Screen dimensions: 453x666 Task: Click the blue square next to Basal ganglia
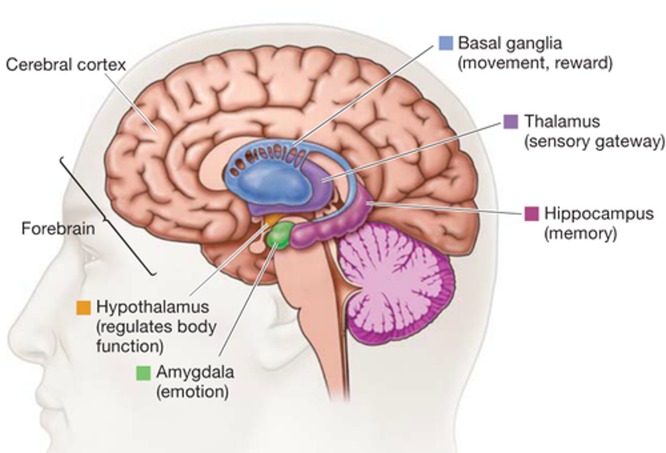tap(445, 43)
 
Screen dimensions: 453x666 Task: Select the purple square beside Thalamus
tap(511, 122)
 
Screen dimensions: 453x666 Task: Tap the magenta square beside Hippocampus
tap(532, 214)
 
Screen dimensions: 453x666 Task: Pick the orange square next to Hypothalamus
tap(84, 307)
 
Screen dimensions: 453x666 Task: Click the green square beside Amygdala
tap(143, 372)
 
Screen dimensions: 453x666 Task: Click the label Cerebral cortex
tap(66, 65)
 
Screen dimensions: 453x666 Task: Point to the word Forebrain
tap(58, 229)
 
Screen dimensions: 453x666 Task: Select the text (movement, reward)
tap(535, 63)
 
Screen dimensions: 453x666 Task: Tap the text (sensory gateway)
tap(594, 142)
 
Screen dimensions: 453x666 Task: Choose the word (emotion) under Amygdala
tap(192, 392)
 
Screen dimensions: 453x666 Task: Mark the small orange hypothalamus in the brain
tap(272, 218)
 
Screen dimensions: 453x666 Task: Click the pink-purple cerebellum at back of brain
tap(393, 282)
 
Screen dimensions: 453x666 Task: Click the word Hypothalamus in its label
tap(153, 307)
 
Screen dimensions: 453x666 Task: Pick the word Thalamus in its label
tap(561, 122)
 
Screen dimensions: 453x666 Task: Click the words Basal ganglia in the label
tap(510, 43)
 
